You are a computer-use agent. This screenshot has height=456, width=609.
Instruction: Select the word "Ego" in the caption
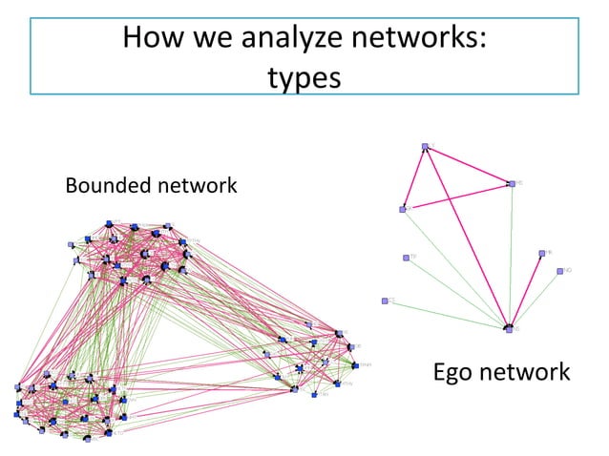[x=455, y=371]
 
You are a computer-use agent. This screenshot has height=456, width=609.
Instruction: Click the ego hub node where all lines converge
[x=509, y=328]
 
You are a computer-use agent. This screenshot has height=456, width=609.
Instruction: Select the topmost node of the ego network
[x=425, y=146]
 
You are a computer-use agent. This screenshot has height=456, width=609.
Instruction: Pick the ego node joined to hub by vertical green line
[x=512, y=183]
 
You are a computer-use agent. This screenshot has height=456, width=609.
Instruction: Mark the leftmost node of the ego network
[x=386, y=301]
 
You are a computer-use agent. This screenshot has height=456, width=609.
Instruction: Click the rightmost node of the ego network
[x=560, y=271]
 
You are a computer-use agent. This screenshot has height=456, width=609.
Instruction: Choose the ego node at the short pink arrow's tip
[x=541, y=253]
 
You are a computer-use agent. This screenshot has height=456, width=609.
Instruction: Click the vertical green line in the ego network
[x=511, y=258]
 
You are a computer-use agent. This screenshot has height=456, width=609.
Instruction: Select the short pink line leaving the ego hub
[x=525, y=291]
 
